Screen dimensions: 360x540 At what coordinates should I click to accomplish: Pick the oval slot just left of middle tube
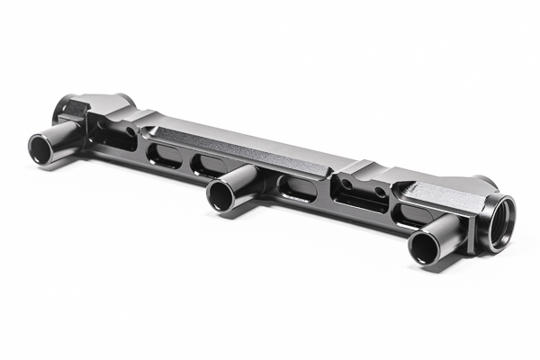[208, 165]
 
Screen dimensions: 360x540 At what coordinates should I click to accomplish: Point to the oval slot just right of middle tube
[297, 187]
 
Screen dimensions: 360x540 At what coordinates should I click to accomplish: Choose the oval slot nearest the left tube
[163, 154]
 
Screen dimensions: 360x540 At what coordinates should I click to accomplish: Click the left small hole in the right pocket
[348, 184]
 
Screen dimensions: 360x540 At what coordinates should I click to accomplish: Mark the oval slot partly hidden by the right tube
[410, 215]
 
